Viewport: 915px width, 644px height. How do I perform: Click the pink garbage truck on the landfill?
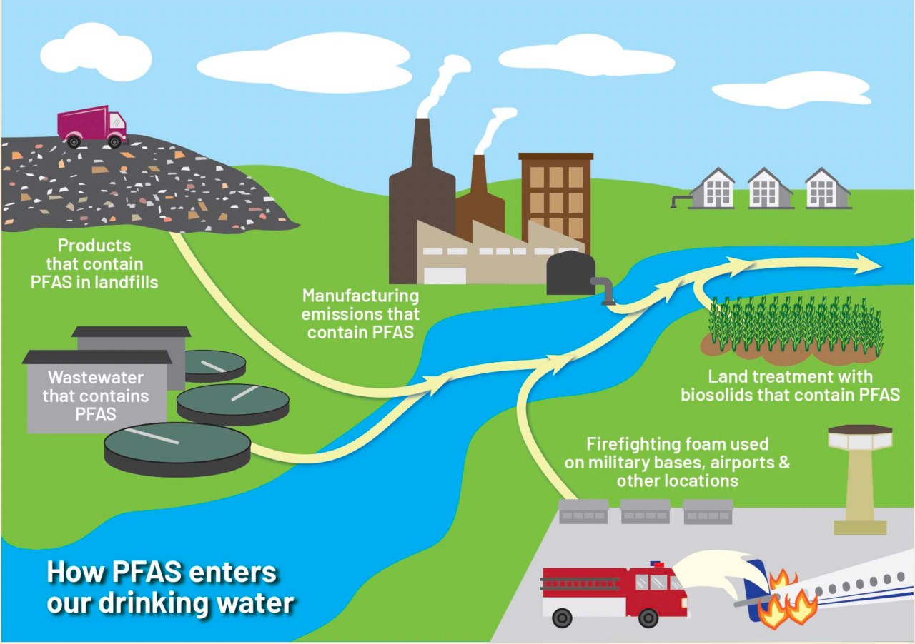pyautogui.click(x=91, y=126)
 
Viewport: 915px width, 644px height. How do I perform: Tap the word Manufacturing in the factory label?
pyautogui.click(x=360, y=296)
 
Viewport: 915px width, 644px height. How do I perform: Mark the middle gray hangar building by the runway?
pyautogui.click(x=645, y=511)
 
